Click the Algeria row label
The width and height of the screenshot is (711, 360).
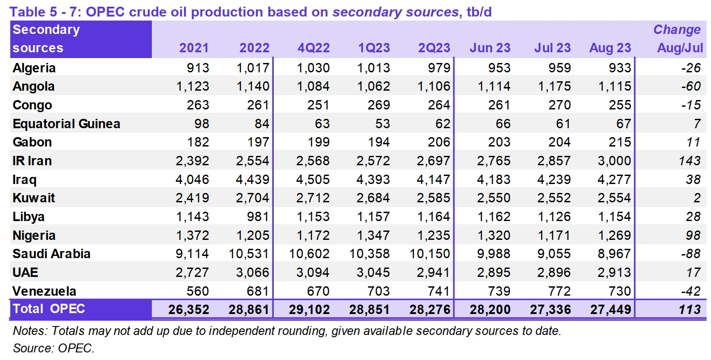click(34, 68)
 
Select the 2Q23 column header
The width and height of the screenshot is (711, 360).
click(434, 48)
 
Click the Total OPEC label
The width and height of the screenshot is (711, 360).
click(49, 309)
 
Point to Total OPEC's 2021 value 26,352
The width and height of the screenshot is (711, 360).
click(188, 310)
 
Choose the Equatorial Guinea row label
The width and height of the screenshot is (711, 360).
click(67, 124)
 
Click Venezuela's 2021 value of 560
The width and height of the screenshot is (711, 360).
click(197, 291)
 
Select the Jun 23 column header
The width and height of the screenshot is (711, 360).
click(490, 48)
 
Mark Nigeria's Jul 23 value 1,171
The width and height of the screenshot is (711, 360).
click(554, 235)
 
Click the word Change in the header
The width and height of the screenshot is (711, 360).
click(677, 29)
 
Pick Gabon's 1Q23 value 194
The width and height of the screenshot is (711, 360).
click(379, 142)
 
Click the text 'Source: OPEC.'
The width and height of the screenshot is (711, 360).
click(54, 348)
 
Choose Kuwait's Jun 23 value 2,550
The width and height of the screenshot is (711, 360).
click(494, 198)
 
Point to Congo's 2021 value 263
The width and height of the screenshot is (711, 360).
click(197, 105)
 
